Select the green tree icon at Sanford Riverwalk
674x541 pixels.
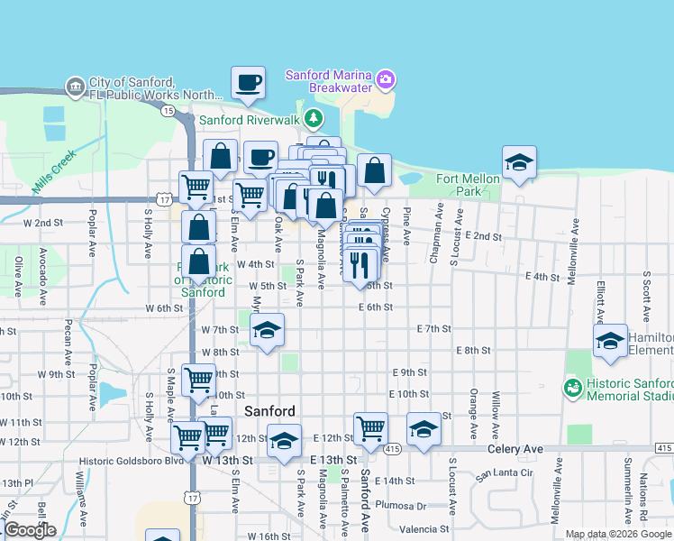point(313,118)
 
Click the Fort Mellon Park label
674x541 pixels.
point(468,185)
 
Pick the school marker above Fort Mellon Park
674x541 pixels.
point(519,163)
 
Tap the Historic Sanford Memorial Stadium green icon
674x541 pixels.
point(571,388)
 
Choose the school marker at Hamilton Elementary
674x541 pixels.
point(610,342)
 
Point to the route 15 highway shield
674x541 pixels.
point(168,110)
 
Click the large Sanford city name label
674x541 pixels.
point(269,411)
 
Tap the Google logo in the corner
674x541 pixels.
point(30,530)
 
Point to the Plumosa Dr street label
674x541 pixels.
point(400,505)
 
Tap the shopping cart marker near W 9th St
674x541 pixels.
point(198,379)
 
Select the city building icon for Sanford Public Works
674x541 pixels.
point(75,87)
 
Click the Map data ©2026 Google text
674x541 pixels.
point(618,534)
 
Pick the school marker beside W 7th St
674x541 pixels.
point(267,331)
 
